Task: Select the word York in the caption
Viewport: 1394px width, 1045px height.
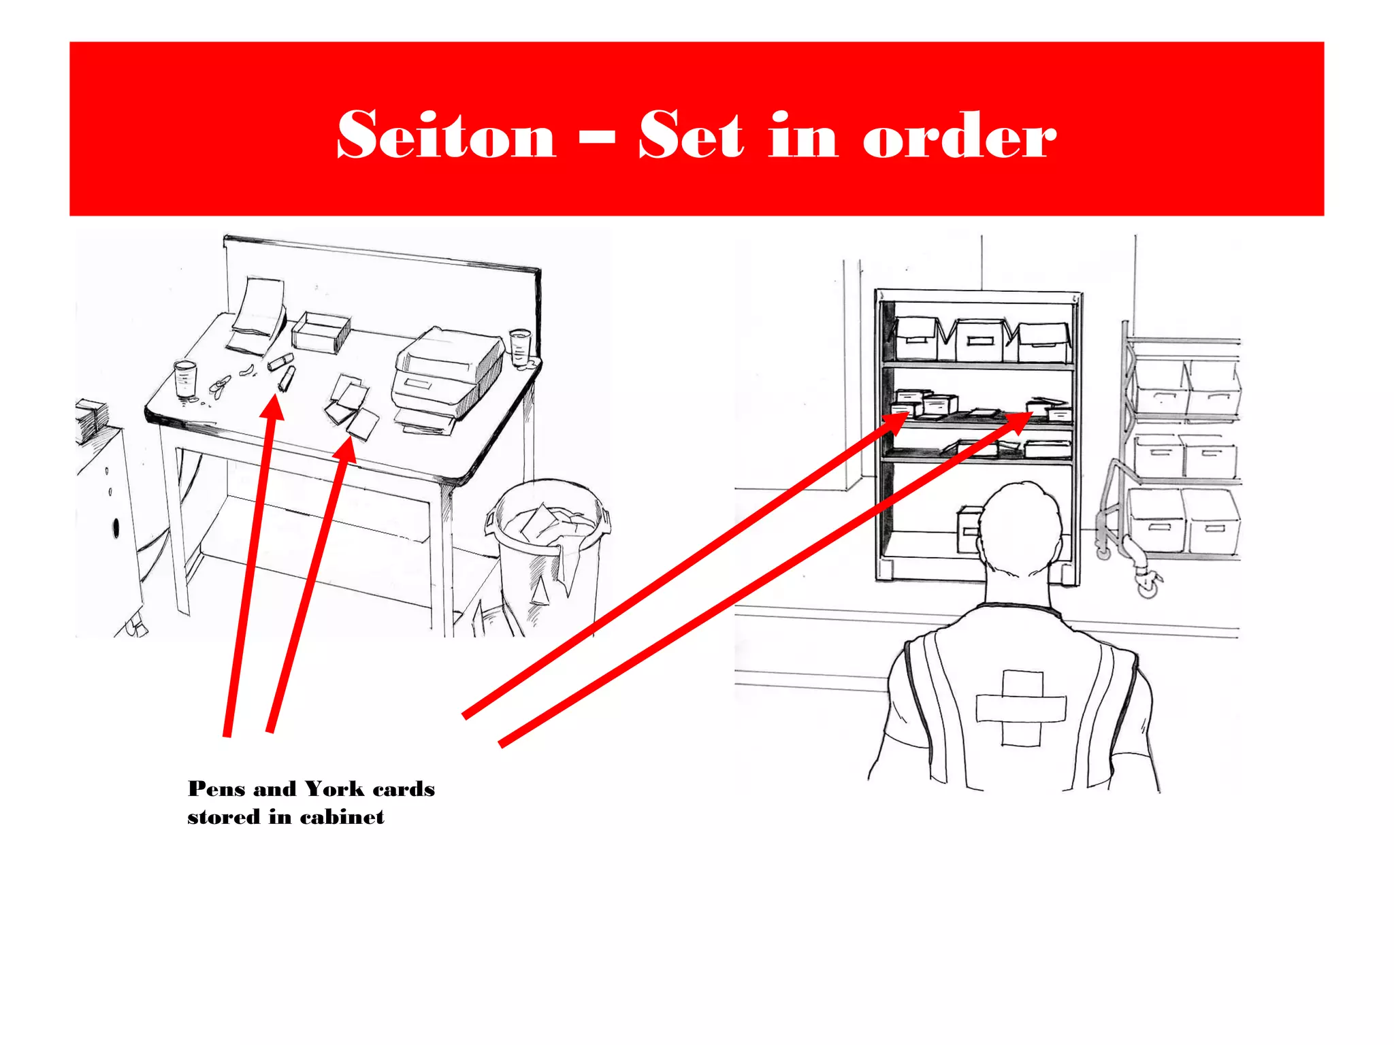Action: click(334, 789)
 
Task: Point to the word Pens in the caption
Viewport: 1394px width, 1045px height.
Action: click(216, 789)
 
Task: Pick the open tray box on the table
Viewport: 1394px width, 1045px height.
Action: click(321, 331)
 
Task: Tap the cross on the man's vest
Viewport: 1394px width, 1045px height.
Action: click(1021, 708)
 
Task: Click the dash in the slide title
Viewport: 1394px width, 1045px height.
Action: click(597, 136)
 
